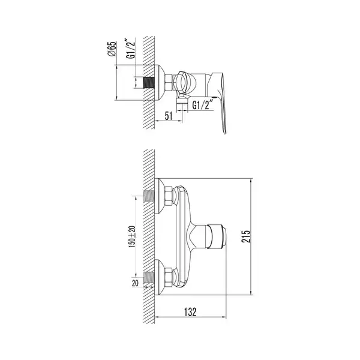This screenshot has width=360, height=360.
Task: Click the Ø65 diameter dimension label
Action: point(112,49)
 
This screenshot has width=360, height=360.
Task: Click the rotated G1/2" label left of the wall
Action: point(131,49)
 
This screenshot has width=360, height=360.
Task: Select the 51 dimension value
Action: point(169,116)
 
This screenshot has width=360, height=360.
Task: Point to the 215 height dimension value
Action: point(245,236)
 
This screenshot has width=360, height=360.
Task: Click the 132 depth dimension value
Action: point(190,312)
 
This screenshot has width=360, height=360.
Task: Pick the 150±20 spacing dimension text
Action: point(132,236)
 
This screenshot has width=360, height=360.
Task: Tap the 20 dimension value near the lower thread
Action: point(135,283)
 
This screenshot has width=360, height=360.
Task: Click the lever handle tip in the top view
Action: point(225,133)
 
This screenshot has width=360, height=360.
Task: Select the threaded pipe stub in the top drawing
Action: point(149,82)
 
